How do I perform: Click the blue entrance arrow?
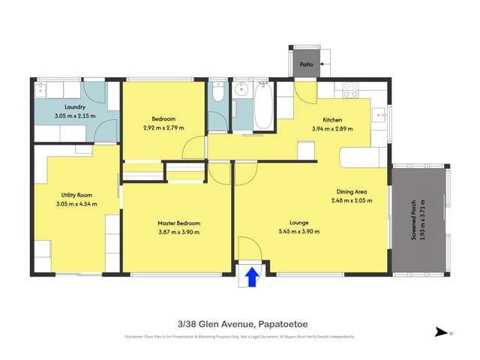point(252,278)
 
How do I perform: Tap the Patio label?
point(306,64)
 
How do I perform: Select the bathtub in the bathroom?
point(264,108)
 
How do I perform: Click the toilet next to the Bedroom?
point(216,93)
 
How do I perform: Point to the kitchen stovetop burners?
point(351,91)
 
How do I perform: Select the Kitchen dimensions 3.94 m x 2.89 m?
point(331,129)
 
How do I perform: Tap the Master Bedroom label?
point(178,223)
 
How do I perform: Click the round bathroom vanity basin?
point(241,91)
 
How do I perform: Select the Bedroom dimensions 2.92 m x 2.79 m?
point(163,129)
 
